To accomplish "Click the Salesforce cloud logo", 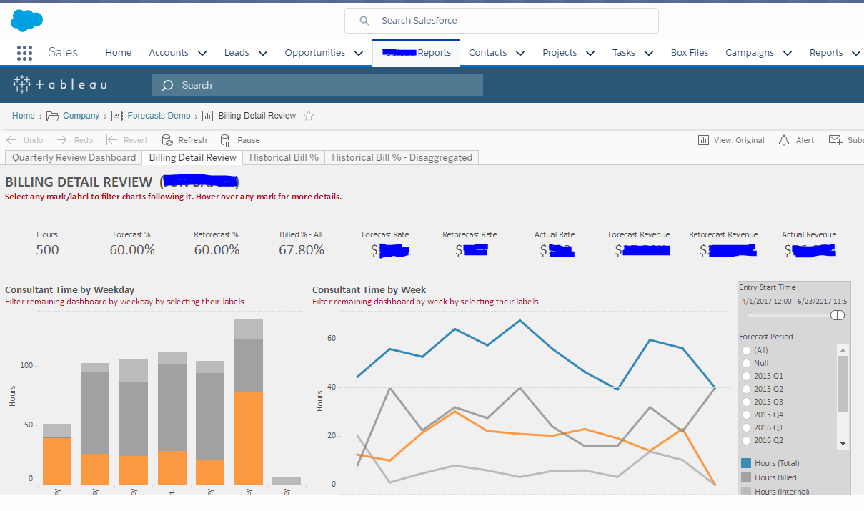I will (x=26, y=21).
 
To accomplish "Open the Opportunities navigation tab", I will (x=314, y=53).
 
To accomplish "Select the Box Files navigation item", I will (x=689, y=53).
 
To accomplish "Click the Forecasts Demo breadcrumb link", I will (x=159, y=116).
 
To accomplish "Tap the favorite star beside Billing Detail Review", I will (x=309, y=116).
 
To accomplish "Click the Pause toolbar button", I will (x=248, y=140).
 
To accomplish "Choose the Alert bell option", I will (x=796, y=140).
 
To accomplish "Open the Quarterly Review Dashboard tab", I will (x=74, y=157).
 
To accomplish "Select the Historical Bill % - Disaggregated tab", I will (x=402, y=157).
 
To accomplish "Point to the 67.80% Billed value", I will (x=302, y=250).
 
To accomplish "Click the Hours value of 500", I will (x=47, y=250).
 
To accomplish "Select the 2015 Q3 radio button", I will (x=747, y=402).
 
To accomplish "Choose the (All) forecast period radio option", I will (x=747, y=350).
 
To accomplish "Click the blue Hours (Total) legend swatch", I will (x=746, y=463).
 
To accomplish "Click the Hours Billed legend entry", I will (x=775, y=477).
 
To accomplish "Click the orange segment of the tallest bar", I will (x=248, y=437).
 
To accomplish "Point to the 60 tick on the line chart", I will (x=332, y=338).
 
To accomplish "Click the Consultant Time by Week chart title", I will (x=369, y=289).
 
